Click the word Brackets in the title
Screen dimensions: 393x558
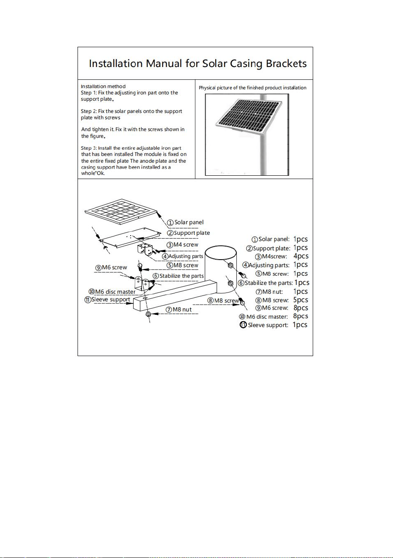[286, 63]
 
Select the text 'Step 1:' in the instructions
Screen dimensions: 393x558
[88, 93]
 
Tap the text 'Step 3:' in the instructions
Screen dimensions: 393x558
[88, 148]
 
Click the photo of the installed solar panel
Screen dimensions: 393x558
[247, 134]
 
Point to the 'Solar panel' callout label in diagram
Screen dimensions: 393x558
[185, 222]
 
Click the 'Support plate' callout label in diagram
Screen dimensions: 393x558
[188, 233]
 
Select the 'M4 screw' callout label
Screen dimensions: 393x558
[182, 244]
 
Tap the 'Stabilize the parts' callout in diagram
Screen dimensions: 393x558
[178, 276]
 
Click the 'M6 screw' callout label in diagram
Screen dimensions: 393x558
[111, 268]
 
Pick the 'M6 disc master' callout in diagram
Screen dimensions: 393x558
[112, 292]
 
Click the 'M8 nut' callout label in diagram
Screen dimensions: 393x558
[179, 309]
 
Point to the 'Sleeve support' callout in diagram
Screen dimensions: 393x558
[107, 299]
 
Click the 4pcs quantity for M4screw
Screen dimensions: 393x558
[301, 256]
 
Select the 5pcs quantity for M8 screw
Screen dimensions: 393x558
[301, 300]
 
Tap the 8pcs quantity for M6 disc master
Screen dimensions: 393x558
[301, 316]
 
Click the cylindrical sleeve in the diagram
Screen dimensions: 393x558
[221, 269]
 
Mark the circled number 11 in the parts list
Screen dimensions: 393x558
[243, 325]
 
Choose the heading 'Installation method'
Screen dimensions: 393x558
[103, 86]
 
